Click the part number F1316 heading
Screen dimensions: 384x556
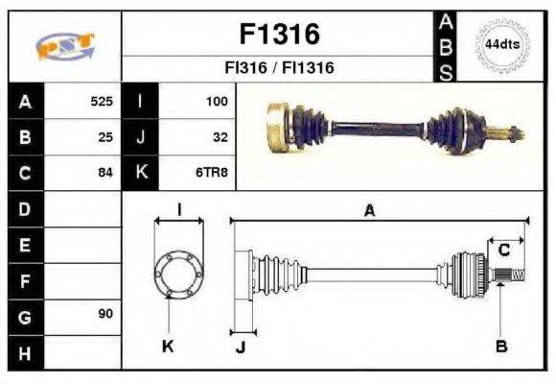point(278,35)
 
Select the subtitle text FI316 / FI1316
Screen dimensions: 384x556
point(278,68)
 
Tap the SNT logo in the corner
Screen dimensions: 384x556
point(63,46)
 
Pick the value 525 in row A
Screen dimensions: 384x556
point(101,101)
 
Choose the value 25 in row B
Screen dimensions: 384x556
point(105,137)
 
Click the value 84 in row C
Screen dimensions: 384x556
point(105,174)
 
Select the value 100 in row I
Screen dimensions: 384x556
point(216,101)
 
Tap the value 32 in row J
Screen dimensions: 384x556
point(220,137)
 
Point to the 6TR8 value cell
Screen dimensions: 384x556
point(213,174)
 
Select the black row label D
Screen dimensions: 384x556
point(24,208)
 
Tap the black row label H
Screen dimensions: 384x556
point(24,352)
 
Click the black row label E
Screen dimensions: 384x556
point(24,245)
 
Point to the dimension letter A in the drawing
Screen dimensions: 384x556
point(369,211)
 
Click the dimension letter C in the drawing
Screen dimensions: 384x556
point(503,251)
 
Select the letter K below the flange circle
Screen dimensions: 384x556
point(168,347)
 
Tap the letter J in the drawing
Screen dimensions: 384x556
point(241,347)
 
